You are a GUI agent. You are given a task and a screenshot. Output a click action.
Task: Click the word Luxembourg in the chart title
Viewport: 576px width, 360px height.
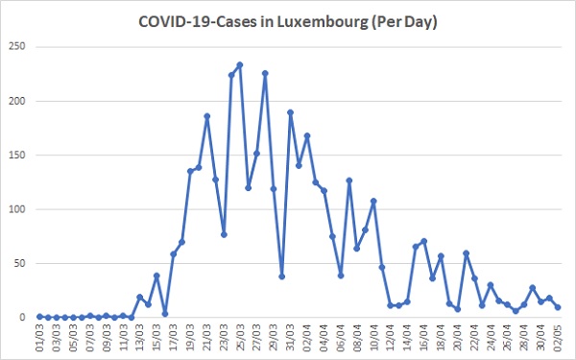coord(323,22)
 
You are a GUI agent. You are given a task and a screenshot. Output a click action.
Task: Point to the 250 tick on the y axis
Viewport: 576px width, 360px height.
coord(17,46)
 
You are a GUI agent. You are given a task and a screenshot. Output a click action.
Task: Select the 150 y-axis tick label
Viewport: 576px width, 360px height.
coord(17,155)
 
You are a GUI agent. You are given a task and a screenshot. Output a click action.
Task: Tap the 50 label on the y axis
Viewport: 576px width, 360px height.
coord(20,263)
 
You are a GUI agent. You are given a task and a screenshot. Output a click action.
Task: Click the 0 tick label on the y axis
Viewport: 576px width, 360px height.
coord(23,317)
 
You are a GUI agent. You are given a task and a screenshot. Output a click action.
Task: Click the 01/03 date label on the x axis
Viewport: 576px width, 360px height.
coord(39,338)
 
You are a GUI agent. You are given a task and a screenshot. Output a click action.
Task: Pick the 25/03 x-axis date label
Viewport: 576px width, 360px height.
coord(240,338)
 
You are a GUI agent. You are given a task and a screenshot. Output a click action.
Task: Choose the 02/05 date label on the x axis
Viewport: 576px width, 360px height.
coord(558,338)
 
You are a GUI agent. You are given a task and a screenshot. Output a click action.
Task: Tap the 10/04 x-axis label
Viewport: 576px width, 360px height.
coord(373,338)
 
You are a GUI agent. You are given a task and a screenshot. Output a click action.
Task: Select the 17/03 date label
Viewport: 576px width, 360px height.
coord(173,338)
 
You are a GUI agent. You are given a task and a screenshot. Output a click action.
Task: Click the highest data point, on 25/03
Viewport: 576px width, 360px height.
coord(240,65)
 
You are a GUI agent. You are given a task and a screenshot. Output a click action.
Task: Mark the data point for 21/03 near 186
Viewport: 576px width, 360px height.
coord(206,116)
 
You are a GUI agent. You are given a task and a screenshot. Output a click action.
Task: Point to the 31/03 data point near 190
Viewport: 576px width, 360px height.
coord(290,112)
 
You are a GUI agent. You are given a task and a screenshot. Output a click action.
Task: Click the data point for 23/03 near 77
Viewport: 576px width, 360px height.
coord(224,234)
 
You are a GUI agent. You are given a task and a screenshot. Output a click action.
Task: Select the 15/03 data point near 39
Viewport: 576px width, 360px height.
coord(156,276)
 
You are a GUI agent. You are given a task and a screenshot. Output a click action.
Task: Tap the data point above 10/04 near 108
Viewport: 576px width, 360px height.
coord(373,201)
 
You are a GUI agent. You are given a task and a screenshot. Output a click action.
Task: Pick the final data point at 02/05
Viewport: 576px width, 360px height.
coord(558,307)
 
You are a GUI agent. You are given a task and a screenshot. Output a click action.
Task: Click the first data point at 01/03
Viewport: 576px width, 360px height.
coord(39,317)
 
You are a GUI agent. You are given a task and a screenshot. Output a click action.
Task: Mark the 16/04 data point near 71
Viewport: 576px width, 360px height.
coord(424,241)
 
